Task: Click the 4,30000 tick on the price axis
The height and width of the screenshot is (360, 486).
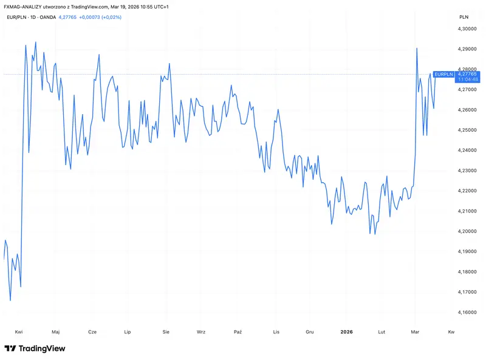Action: click(467, 29)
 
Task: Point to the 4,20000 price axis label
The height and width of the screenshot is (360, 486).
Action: click(467, 231)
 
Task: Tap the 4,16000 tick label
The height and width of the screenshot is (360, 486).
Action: click(467, 312)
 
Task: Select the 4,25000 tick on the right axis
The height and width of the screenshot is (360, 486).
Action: click(467, 130)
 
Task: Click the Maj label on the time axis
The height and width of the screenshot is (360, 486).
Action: click(56, 332)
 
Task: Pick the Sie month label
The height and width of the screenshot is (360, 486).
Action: click(166, 332)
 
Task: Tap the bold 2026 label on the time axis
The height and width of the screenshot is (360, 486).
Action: click(346, 332)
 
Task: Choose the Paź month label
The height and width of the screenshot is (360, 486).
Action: click(238, 332)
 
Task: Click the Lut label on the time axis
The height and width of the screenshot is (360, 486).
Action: click(382, 332)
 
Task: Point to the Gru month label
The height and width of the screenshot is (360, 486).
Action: click(310, 332)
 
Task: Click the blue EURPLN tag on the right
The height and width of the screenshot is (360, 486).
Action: click(444, 74)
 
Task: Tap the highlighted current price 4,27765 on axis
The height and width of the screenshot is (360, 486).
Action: click(467, 74)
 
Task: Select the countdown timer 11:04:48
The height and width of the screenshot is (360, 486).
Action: click(468, 80)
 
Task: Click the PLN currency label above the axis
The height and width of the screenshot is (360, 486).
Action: click(464, 17)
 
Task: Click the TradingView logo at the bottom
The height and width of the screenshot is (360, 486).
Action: click(35, 348)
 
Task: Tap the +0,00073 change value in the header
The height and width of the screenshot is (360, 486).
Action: click(89, 17)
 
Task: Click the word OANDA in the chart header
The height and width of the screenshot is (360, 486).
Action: click(48, 17)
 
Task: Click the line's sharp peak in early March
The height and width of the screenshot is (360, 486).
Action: click(417, 49)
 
